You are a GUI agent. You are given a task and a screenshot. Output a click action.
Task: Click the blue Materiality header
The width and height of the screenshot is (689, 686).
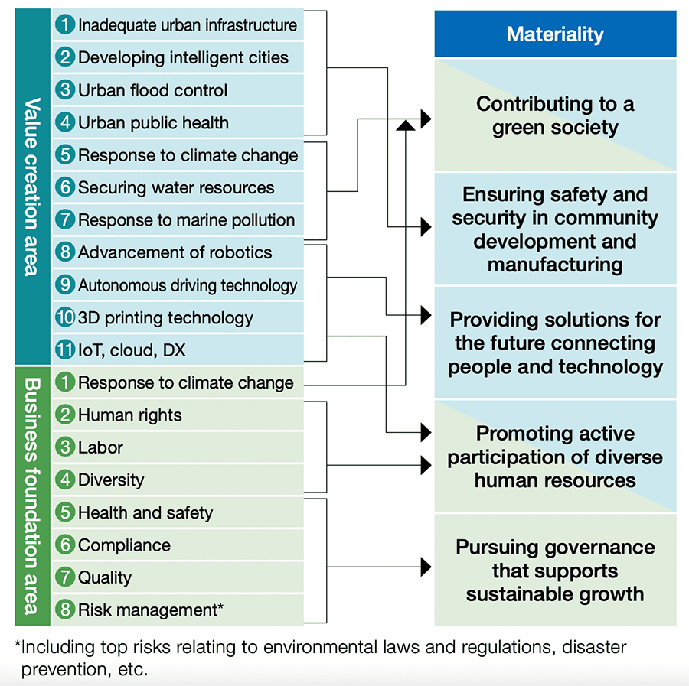[555, 34]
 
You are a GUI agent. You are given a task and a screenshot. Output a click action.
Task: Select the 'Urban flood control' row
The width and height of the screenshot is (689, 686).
[178, 90]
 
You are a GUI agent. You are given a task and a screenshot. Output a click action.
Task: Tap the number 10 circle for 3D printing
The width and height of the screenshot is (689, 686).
[65, 317]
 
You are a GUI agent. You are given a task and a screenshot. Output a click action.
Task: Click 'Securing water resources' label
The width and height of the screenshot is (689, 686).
[176, 188]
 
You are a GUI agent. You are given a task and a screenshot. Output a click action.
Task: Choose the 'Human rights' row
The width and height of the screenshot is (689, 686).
[178, 415]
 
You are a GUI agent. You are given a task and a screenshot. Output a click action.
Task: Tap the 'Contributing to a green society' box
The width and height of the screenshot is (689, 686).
[555, 115]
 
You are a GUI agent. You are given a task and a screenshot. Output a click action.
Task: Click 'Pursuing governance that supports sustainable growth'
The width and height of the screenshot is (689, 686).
[555, 570]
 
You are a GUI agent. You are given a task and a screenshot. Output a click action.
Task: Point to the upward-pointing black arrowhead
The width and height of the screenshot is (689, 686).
[405, 125]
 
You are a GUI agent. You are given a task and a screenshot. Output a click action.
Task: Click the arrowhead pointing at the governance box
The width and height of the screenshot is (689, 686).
[426, 567]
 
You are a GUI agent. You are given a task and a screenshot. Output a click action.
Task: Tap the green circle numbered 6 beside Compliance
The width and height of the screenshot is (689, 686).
[65, 545]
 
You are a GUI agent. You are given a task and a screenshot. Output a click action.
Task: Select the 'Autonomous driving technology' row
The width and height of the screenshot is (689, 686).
[178, 284]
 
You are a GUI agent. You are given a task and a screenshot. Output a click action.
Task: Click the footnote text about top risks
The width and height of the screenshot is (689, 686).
[321, 658]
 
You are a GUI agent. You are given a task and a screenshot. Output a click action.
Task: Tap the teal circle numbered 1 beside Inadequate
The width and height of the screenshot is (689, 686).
[65, 24]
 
